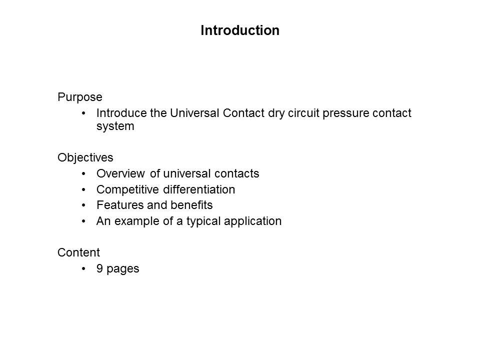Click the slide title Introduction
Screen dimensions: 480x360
click(x=240, y=30)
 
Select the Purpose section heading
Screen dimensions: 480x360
click(x=80, y=97)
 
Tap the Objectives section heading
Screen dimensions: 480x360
click(x=85, y=158)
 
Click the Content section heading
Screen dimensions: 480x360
click(x=78, y=252)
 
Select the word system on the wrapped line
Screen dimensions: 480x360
click(x=115, y=126)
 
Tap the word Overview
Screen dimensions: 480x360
click(x=120, y=173)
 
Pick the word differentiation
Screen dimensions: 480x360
click(x=199, y=189)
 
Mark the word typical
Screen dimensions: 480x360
click(x=203, y=221)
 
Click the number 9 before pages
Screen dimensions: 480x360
click(x=99, y=268)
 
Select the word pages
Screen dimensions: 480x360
click(x=123, y=269)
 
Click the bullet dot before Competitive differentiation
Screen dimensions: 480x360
click(x=83, y=190)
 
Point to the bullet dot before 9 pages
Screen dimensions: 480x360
click(x=83, y=269)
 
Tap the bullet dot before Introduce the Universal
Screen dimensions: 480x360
click(x=83, y=113)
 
